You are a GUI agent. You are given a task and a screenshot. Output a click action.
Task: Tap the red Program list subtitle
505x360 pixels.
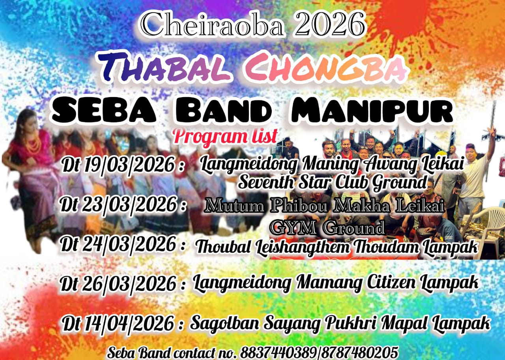coord(225,136)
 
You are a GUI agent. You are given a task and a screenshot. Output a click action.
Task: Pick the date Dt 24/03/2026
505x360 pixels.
coord(123,245)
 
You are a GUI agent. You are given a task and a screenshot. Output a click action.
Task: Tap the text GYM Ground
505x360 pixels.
coord(327,227)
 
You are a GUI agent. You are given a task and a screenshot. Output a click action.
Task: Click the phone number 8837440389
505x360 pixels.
coord(279,352)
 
